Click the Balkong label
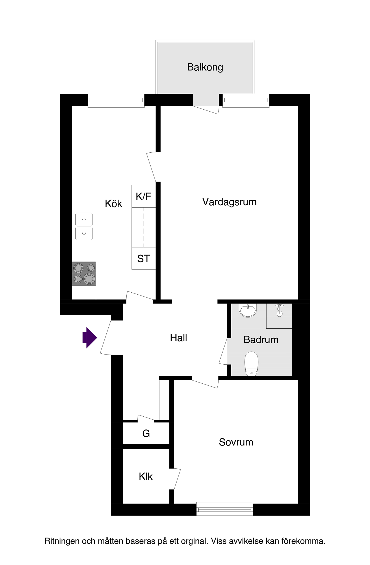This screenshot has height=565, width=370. (205, 67)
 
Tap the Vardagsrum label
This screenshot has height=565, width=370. (229, 202)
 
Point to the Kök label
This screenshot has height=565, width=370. (113, 204)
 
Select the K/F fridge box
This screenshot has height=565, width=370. (144, 196)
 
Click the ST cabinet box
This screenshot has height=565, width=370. (144, 258)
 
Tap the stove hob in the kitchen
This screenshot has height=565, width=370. (84, 274)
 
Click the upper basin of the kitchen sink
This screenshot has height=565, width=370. (84, 219)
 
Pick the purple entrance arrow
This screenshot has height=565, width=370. (90, 337)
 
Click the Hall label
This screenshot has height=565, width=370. (178, 338)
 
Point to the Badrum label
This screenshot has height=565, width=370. (261, 339)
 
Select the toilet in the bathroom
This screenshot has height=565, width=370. (251, 363)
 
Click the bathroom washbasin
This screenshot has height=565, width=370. (248, 310)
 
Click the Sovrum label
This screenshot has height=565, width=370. (236, 442)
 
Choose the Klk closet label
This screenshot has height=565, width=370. (145, 477)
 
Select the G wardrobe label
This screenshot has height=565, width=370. (146, 433)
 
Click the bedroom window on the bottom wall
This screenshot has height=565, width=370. (225, 509)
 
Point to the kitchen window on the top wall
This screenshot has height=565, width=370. (116, 100)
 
